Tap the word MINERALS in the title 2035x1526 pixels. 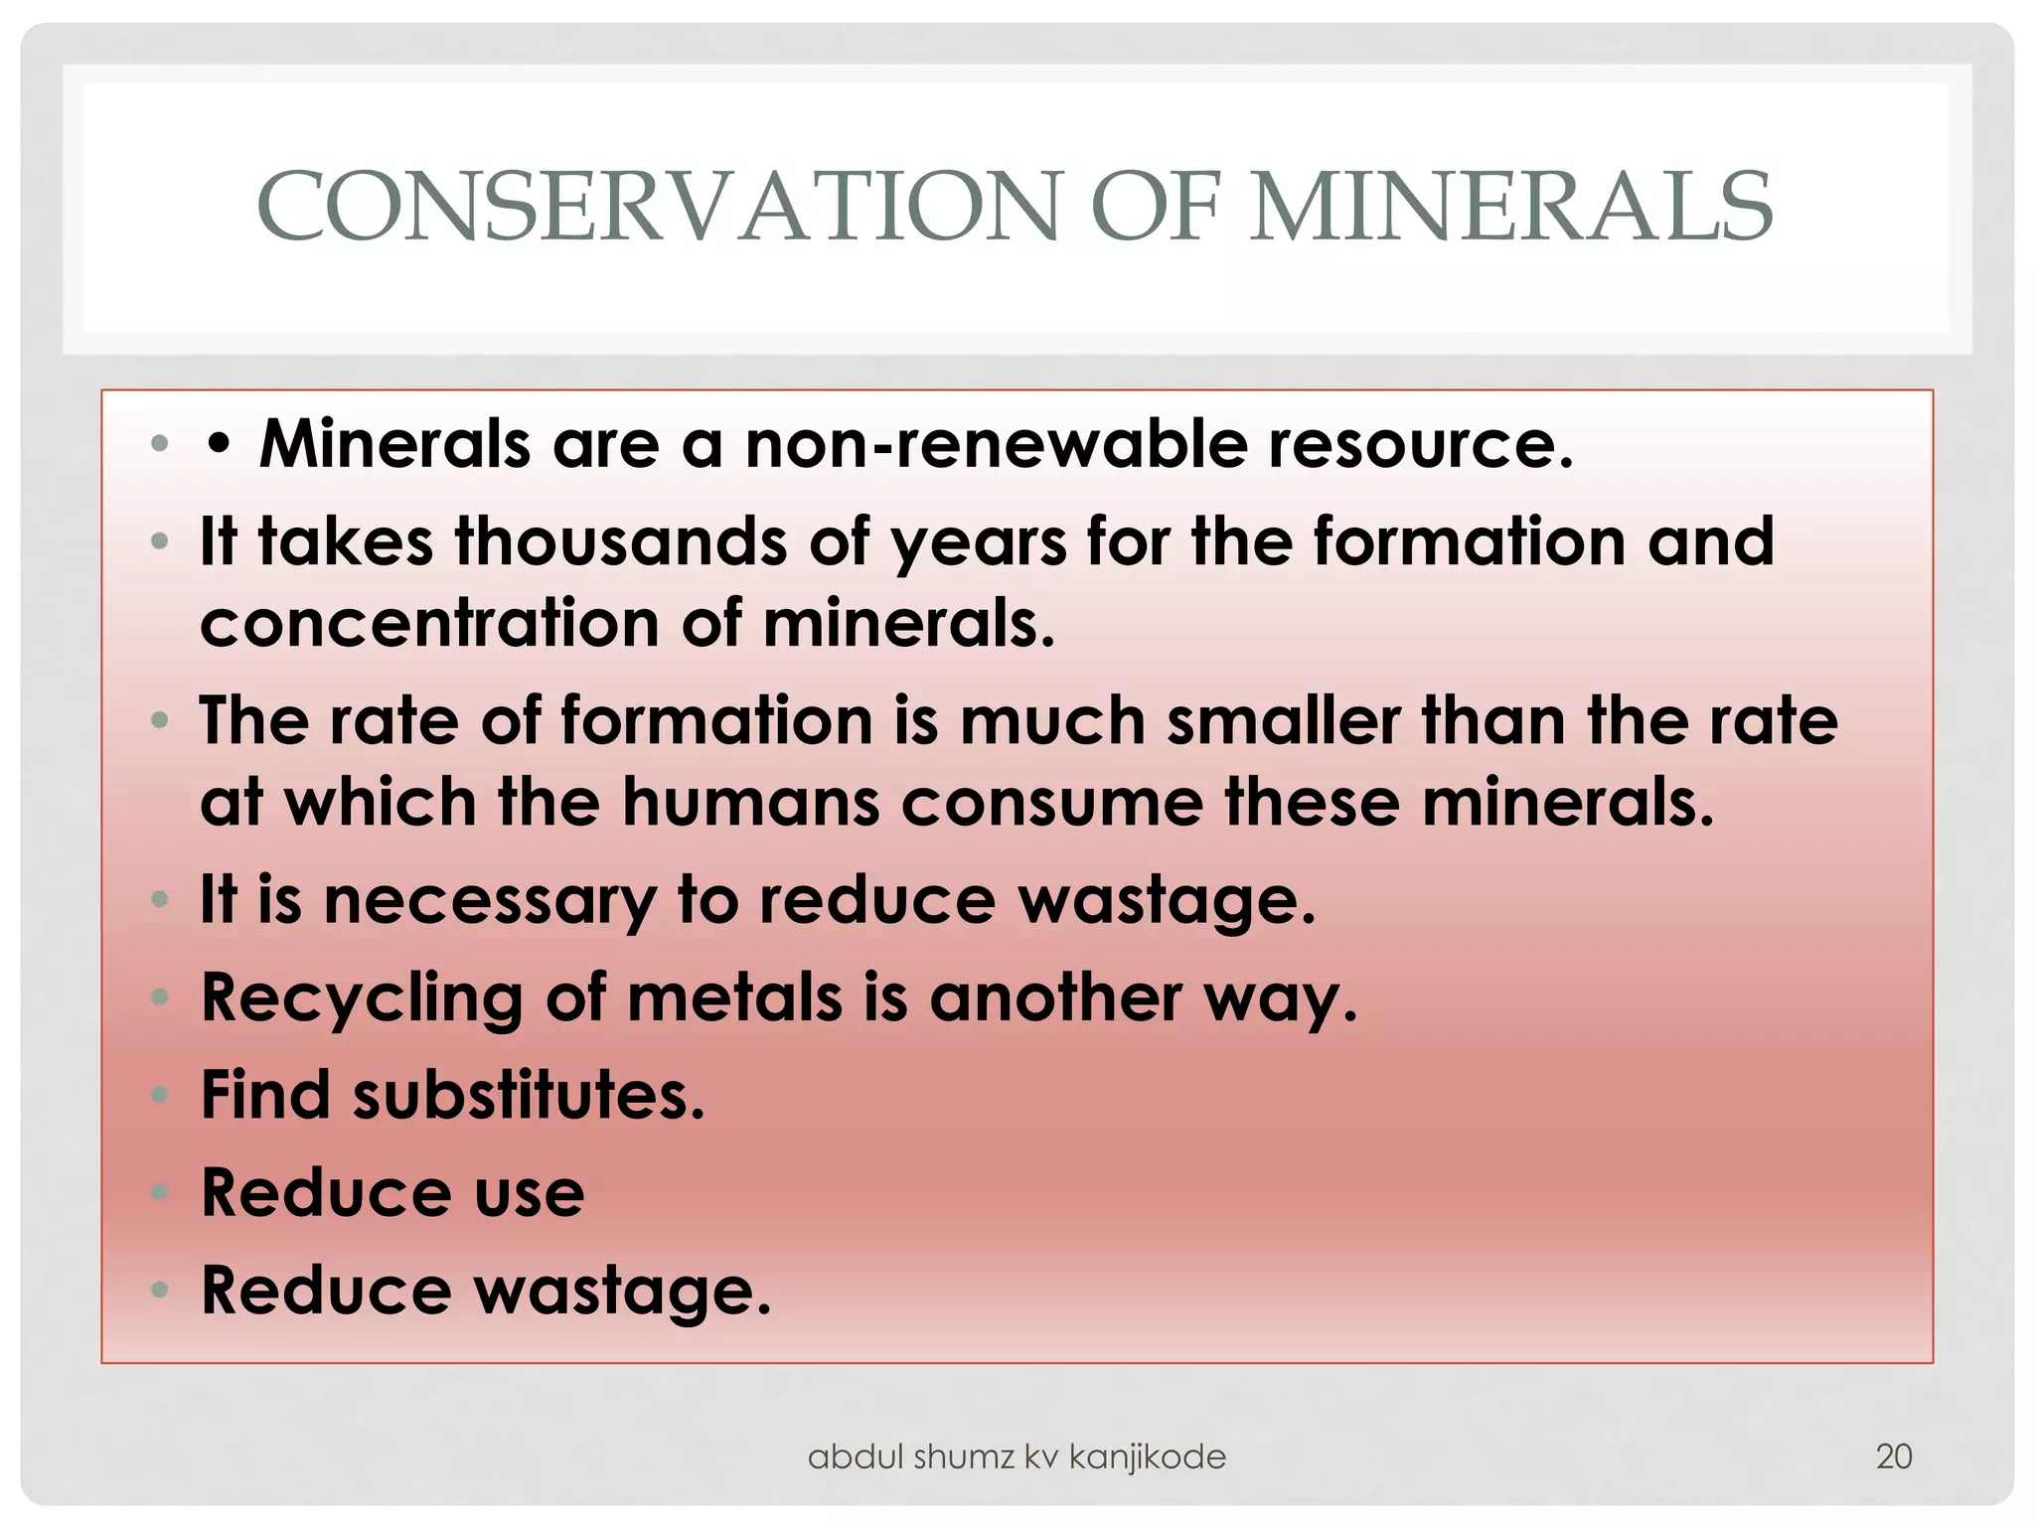[1510, 207]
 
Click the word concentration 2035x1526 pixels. [429, 624]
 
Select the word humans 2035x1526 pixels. [750, 802]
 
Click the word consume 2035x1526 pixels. [1051, 802]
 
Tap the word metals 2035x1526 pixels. [734, 997]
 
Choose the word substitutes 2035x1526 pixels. [528, 1095]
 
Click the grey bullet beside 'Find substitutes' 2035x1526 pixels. [160, 1095]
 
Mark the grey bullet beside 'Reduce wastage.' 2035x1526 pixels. [160, 1291]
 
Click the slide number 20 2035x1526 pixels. [1893, 1456]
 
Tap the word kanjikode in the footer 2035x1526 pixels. [1147, 1456]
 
